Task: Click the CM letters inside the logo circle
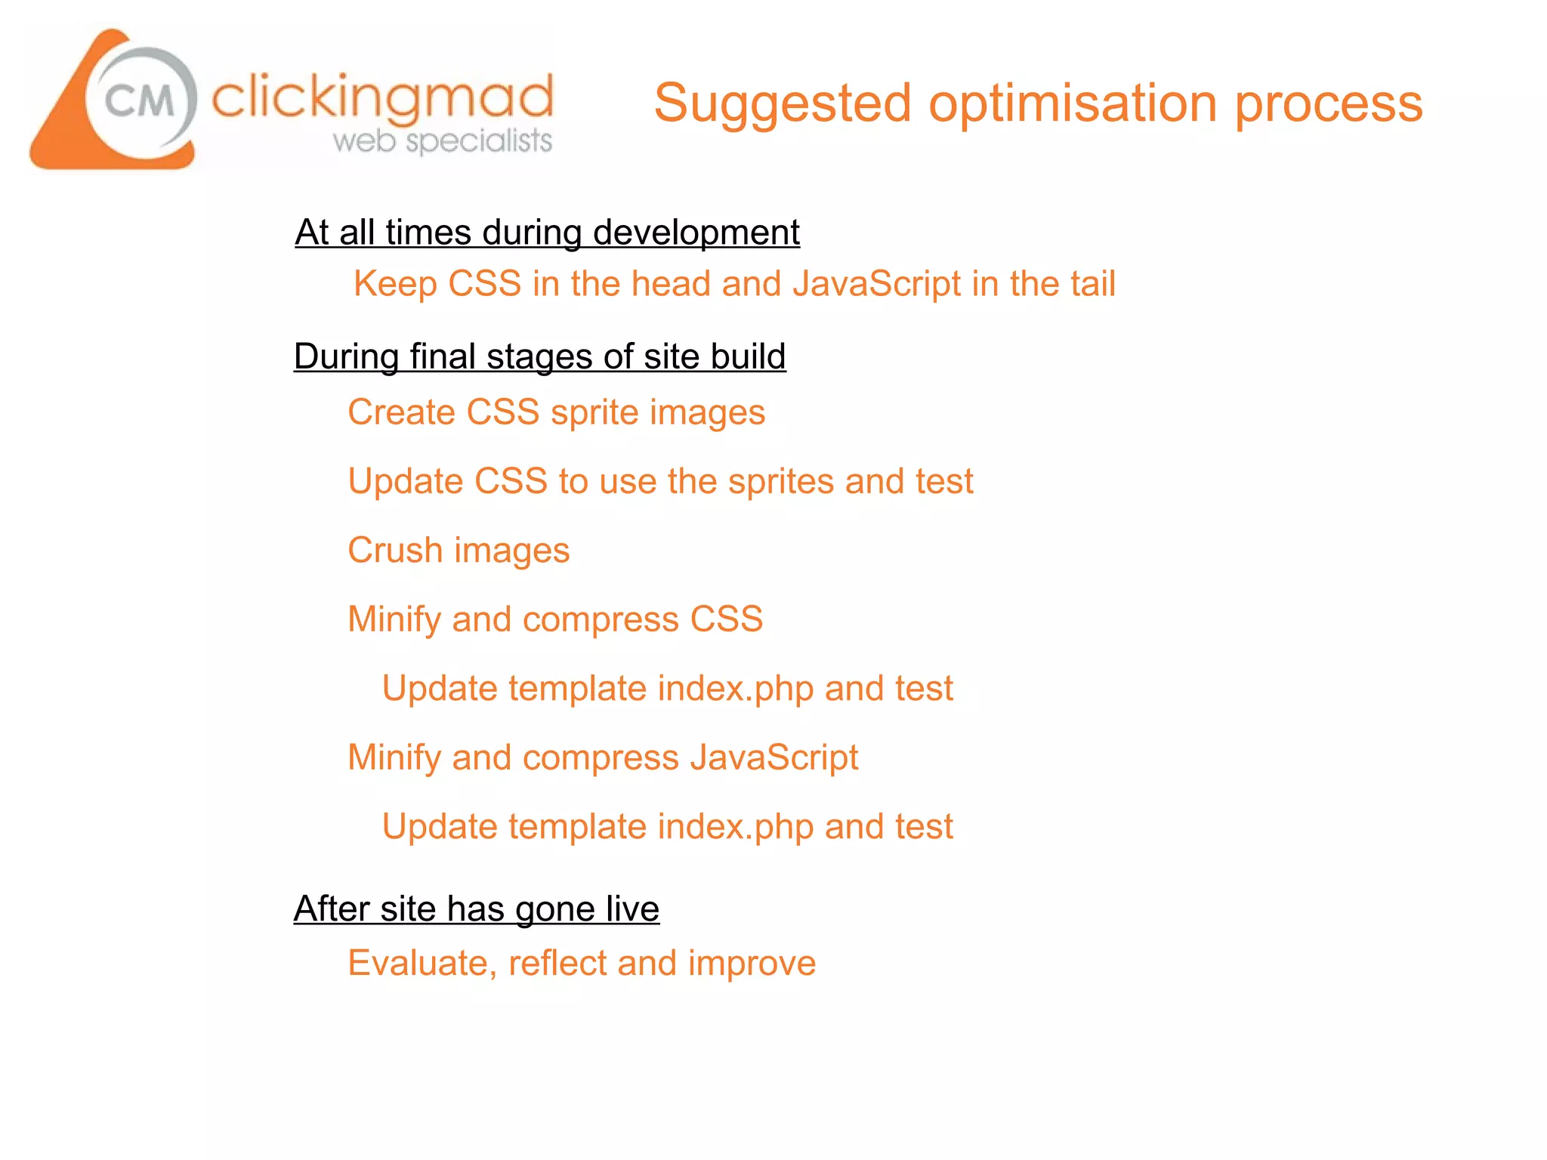pos(140,100)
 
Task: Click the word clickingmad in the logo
pos(382,98)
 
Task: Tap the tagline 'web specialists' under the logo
pos(443,140)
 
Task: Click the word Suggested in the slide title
pos(783,104)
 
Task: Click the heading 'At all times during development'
pos(547,232)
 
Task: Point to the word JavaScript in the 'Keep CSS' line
pos(876,284)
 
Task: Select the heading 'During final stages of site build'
pos(539,356)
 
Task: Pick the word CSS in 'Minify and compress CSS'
pos(726,619)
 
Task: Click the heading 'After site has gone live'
pos(476,909)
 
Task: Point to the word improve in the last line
pos(752,964)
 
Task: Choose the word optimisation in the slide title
pos(1073,104)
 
